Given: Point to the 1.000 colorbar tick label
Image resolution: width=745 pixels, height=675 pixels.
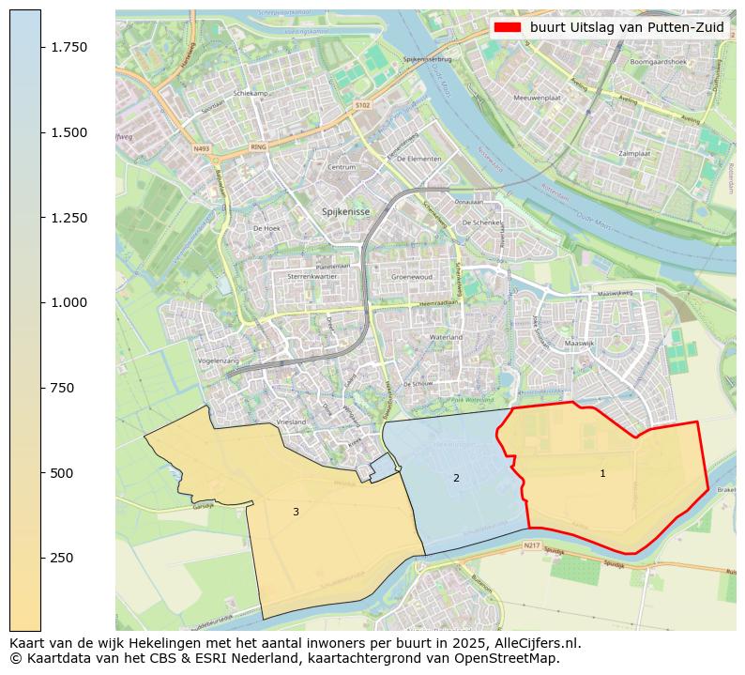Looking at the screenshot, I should [69, 302].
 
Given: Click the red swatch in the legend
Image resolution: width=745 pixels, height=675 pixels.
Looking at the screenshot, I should [508, 27].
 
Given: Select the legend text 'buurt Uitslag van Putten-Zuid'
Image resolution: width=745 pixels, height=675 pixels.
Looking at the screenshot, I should [626, 27].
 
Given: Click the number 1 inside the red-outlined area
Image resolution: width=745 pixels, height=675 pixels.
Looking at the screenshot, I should [602, 474].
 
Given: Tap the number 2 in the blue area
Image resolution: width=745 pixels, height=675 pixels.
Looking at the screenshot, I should [456, 478].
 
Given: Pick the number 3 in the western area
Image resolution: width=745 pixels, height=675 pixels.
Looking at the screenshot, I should [296, 512].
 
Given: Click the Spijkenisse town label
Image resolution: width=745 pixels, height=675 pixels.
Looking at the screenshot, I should [346, 212].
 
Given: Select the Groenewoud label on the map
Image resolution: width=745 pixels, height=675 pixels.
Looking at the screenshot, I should [411, 278].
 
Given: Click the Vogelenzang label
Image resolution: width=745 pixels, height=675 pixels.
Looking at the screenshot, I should [219, 361].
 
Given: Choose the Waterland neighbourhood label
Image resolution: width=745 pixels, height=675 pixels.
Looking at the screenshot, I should [446, 336].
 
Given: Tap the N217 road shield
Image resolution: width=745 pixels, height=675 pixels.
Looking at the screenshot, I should [532, 545].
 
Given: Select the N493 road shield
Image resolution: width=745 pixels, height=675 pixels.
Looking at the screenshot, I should [202, 148].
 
